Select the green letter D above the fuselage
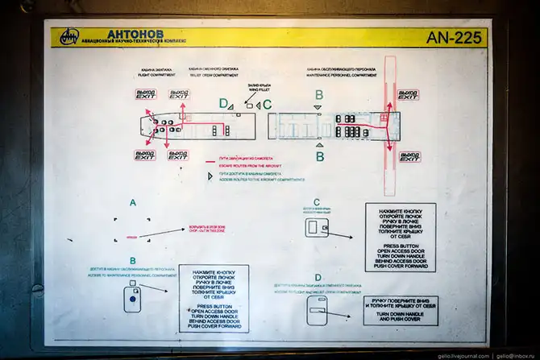coord(223,102)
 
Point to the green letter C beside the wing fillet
coord(268,103)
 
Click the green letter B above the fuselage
coord(318,95)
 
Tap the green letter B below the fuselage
coord(319,155)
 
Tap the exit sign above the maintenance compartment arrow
coord(408,95)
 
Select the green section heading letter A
coord(133,204)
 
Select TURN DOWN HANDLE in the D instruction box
coord(401,313)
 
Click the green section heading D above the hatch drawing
coord(318,278)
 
